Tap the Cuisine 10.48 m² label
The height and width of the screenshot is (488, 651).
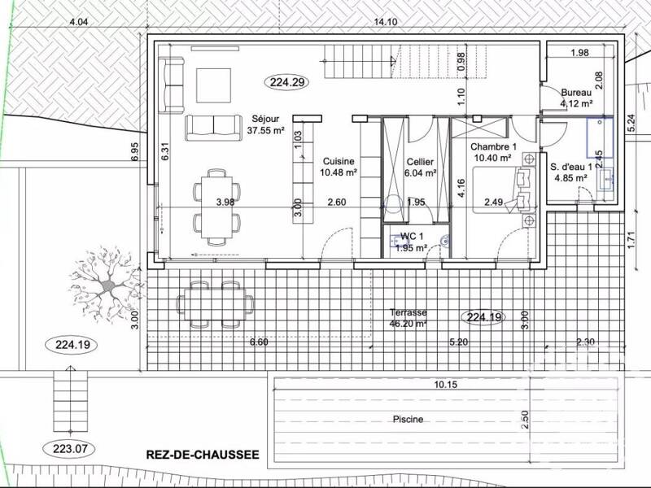coord(339,167)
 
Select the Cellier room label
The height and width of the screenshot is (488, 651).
coord(421,167)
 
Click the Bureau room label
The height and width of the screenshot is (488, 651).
coord(575,98)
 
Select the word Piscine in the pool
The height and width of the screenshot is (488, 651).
coord(405,420)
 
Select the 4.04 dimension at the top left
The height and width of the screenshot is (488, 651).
coord(79,22)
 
